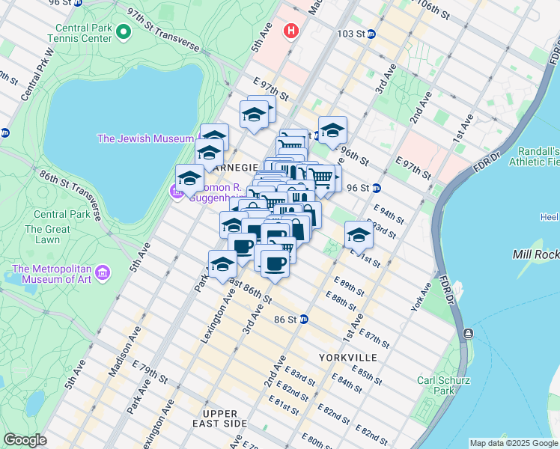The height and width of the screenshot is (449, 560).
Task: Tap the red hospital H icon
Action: point(290,31)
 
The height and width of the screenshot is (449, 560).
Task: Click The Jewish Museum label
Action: point(145,138)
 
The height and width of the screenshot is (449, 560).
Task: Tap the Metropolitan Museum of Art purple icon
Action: point(103,270)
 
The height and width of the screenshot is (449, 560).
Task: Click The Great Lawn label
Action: point(42,234)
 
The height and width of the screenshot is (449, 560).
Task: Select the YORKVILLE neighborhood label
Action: point(347,358)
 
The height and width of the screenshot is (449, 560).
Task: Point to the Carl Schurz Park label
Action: point(444,385)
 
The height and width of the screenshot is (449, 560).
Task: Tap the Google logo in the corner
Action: point(25,440)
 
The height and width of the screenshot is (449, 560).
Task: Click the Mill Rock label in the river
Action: point(535,254)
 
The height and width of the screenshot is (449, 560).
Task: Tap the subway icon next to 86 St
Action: point(303,319)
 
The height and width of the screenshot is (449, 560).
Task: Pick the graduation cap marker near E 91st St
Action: point(359,235)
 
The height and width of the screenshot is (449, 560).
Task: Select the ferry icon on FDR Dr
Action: point(468,333)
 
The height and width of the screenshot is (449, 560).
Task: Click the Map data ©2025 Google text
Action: point(514,443)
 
